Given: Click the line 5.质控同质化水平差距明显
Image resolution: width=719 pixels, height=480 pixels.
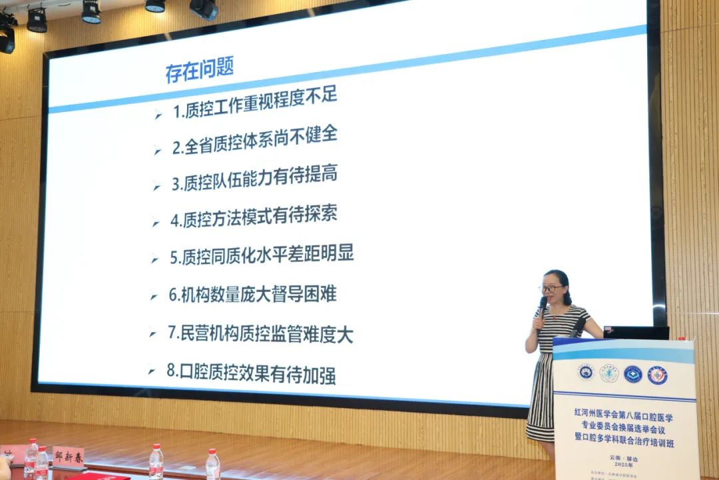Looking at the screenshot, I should [x=262, y=255].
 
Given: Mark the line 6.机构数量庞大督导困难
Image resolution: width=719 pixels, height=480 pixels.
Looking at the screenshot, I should [x=252, y=293].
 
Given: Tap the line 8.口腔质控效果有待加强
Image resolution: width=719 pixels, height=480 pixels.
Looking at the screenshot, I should [x=251, y=373].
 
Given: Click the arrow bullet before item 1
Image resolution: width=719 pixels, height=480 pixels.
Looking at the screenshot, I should [x=158, y=115].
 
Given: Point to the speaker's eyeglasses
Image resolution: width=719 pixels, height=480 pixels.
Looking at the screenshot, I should [x=551, y=289].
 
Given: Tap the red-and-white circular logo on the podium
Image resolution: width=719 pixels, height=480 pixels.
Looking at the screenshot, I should [x=657, y=375].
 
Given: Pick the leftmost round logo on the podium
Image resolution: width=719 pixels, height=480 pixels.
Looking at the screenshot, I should [x=585, y=372].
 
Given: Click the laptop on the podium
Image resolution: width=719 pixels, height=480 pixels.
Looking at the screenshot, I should [x=636, y=333].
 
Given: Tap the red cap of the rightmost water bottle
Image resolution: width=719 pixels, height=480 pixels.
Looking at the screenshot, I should [x=212, y=452].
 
